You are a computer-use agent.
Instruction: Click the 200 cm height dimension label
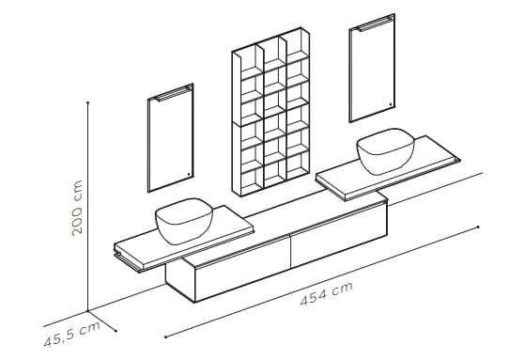point(78,207)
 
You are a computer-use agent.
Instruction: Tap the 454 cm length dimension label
point(326,294)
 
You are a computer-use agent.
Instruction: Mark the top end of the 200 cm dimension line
point(88,104)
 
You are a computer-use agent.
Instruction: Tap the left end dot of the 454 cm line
point(165,335)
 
